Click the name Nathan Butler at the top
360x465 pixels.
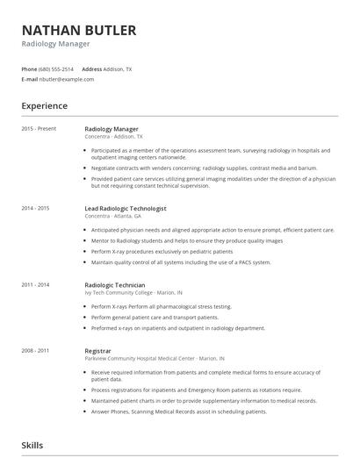point(79,31)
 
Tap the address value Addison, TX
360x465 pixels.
point(118,68)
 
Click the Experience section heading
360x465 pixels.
point(45,106)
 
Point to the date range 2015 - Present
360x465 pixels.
point(39,129)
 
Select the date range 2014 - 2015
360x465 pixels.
point(36,209)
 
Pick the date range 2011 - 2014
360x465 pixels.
point(36,284)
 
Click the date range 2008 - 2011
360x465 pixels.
point(36,351)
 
